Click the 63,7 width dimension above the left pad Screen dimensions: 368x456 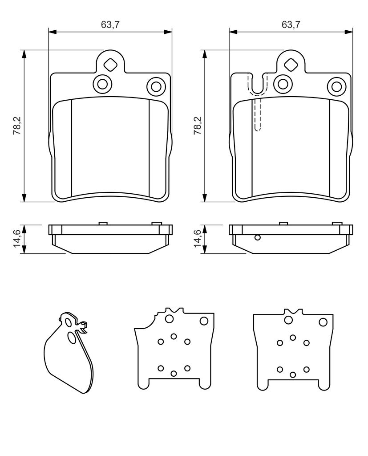point(110,25)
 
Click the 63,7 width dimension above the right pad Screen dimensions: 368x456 point(291,25)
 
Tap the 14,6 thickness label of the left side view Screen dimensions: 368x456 point(17,239)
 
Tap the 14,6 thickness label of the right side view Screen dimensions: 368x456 point(198,239)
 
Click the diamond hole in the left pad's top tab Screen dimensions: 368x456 point(110,64)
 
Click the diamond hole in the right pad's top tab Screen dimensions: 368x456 point(291,64)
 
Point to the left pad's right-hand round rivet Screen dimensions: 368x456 point(156,86)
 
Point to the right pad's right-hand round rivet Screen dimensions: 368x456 point(337,86)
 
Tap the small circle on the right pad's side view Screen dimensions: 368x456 point(257,238)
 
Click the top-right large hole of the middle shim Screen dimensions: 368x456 point(204,321)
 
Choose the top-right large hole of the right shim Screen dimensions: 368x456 point(323,322)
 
